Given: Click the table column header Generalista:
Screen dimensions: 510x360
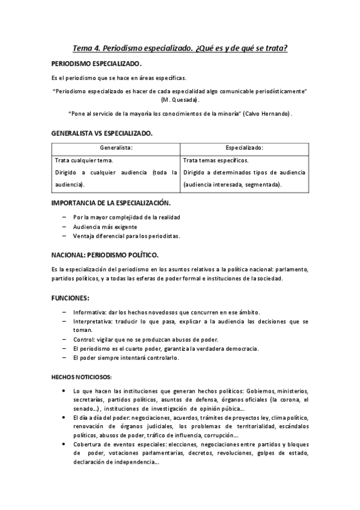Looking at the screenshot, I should tap(117, 147).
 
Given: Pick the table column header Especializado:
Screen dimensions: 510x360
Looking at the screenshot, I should tap(245, 147).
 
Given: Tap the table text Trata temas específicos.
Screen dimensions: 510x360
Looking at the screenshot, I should tap(216, 161).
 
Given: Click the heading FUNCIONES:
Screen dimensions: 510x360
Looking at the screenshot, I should tap(70, 298).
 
